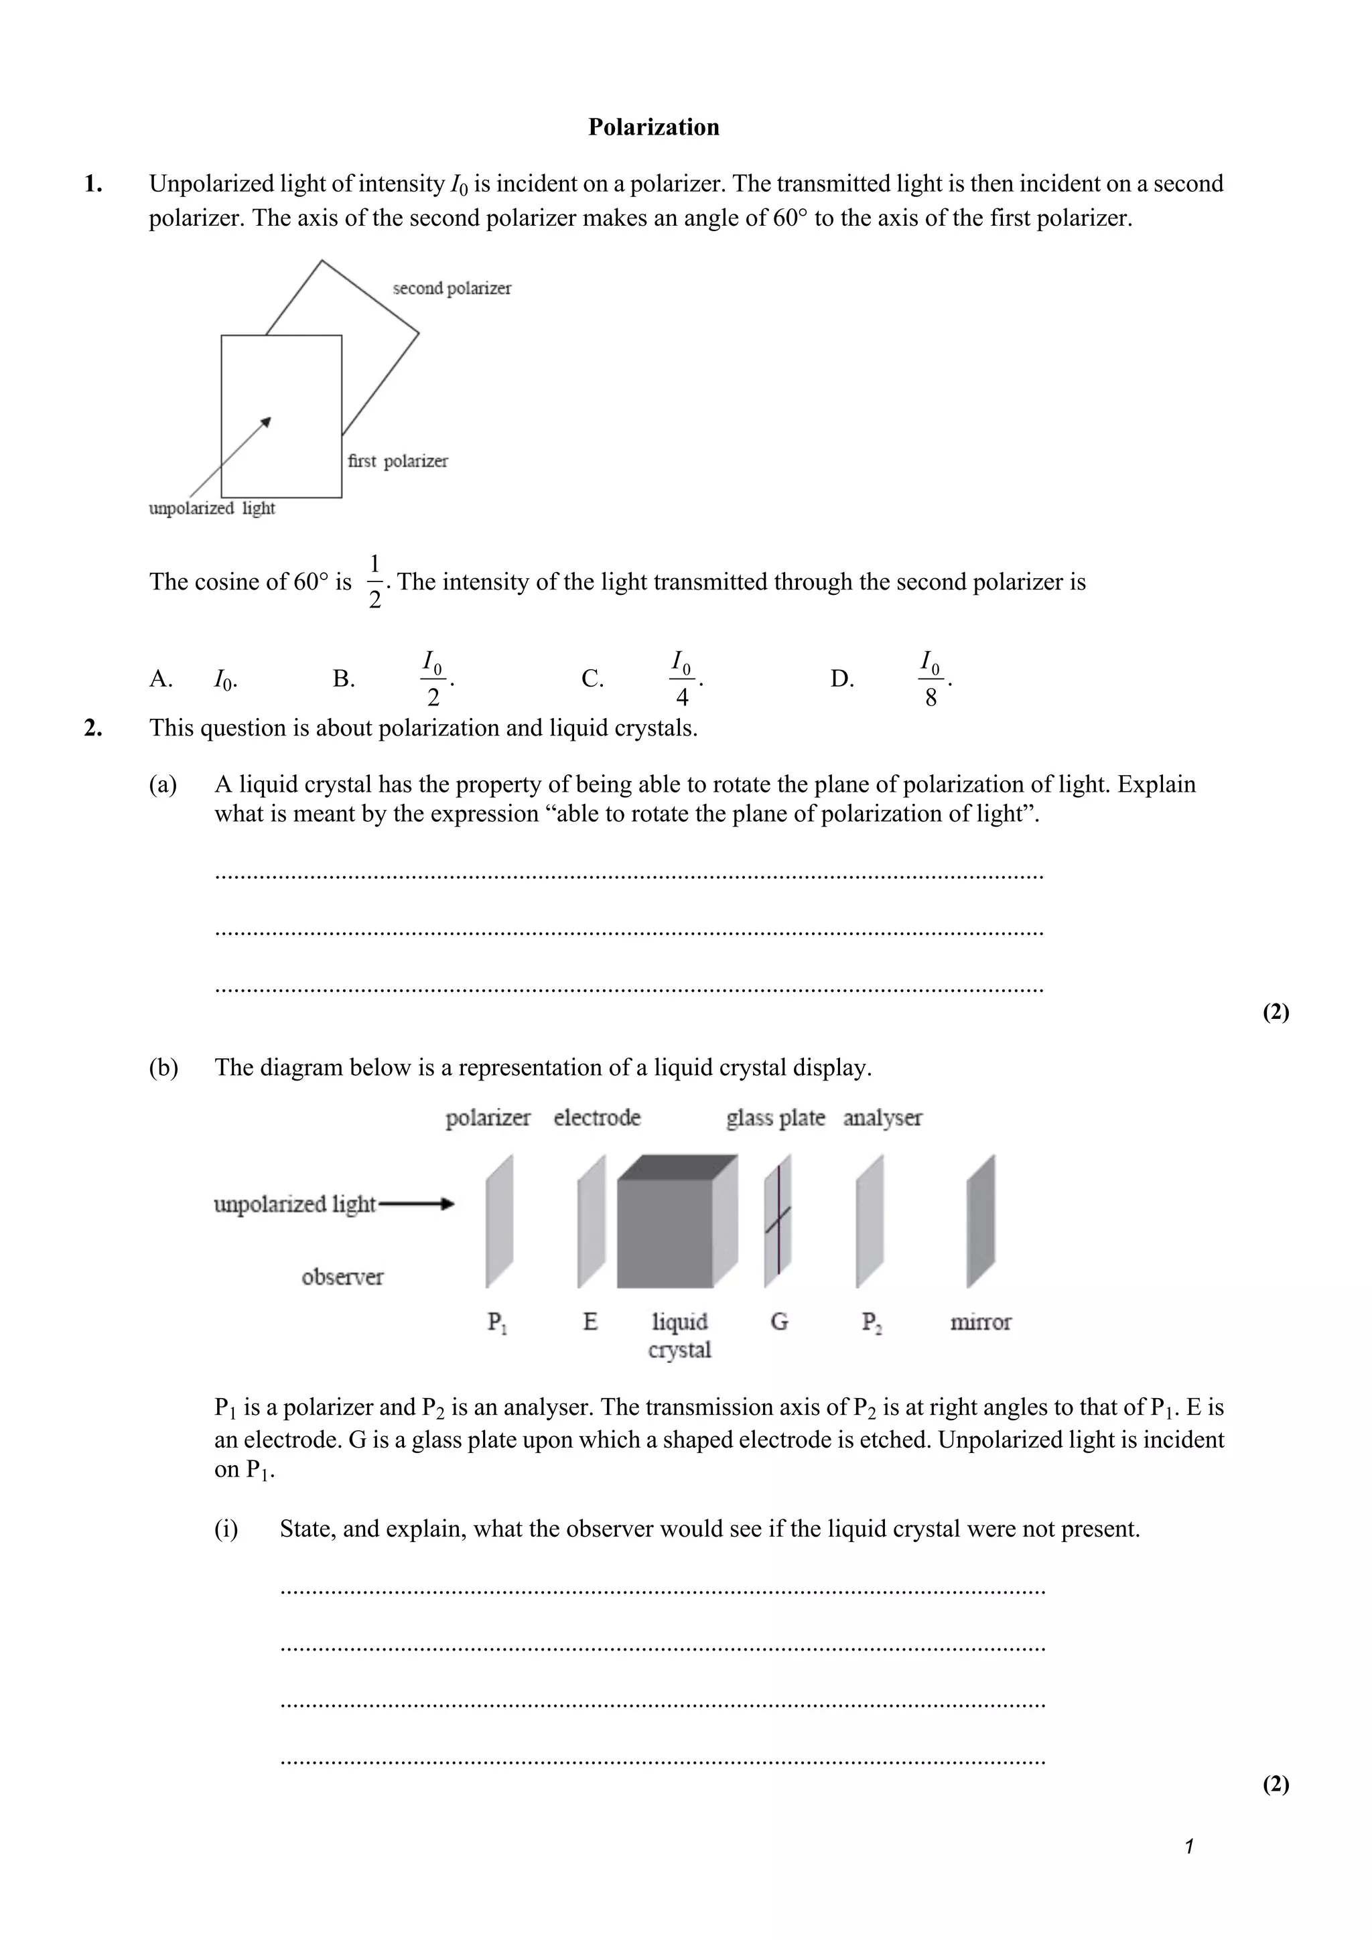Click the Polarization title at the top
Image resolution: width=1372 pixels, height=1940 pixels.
click(653, 127)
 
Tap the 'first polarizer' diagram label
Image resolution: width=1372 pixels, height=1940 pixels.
click(397, 462)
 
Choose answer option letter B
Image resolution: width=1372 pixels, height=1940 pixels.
click(343, 679)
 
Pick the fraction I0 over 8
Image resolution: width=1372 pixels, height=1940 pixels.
click(930, 679)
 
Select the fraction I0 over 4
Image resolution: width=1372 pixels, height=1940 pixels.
click(682, 679)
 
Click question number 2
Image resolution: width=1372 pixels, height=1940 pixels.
click(93, 727)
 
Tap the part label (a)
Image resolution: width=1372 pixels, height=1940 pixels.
click(163, 784)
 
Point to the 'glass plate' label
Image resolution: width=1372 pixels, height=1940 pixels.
click(774, 1118)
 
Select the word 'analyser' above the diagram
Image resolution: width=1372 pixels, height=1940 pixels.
click(882, 1118)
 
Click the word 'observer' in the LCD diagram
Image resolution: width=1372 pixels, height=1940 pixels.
click(342, 1277)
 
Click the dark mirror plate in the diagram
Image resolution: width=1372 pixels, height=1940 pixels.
click(981, 1222)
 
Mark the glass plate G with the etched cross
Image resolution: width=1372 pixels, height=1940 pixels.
click(778, 1222)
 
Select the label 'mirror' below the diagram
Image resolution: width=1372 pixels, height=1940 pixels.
click(980, 1322)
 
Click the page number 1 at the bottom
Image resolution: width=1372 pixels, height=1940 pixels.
click(1188, 1847)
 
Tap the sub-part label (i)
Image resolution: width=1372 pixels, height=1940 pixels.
click(226, 1529)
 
